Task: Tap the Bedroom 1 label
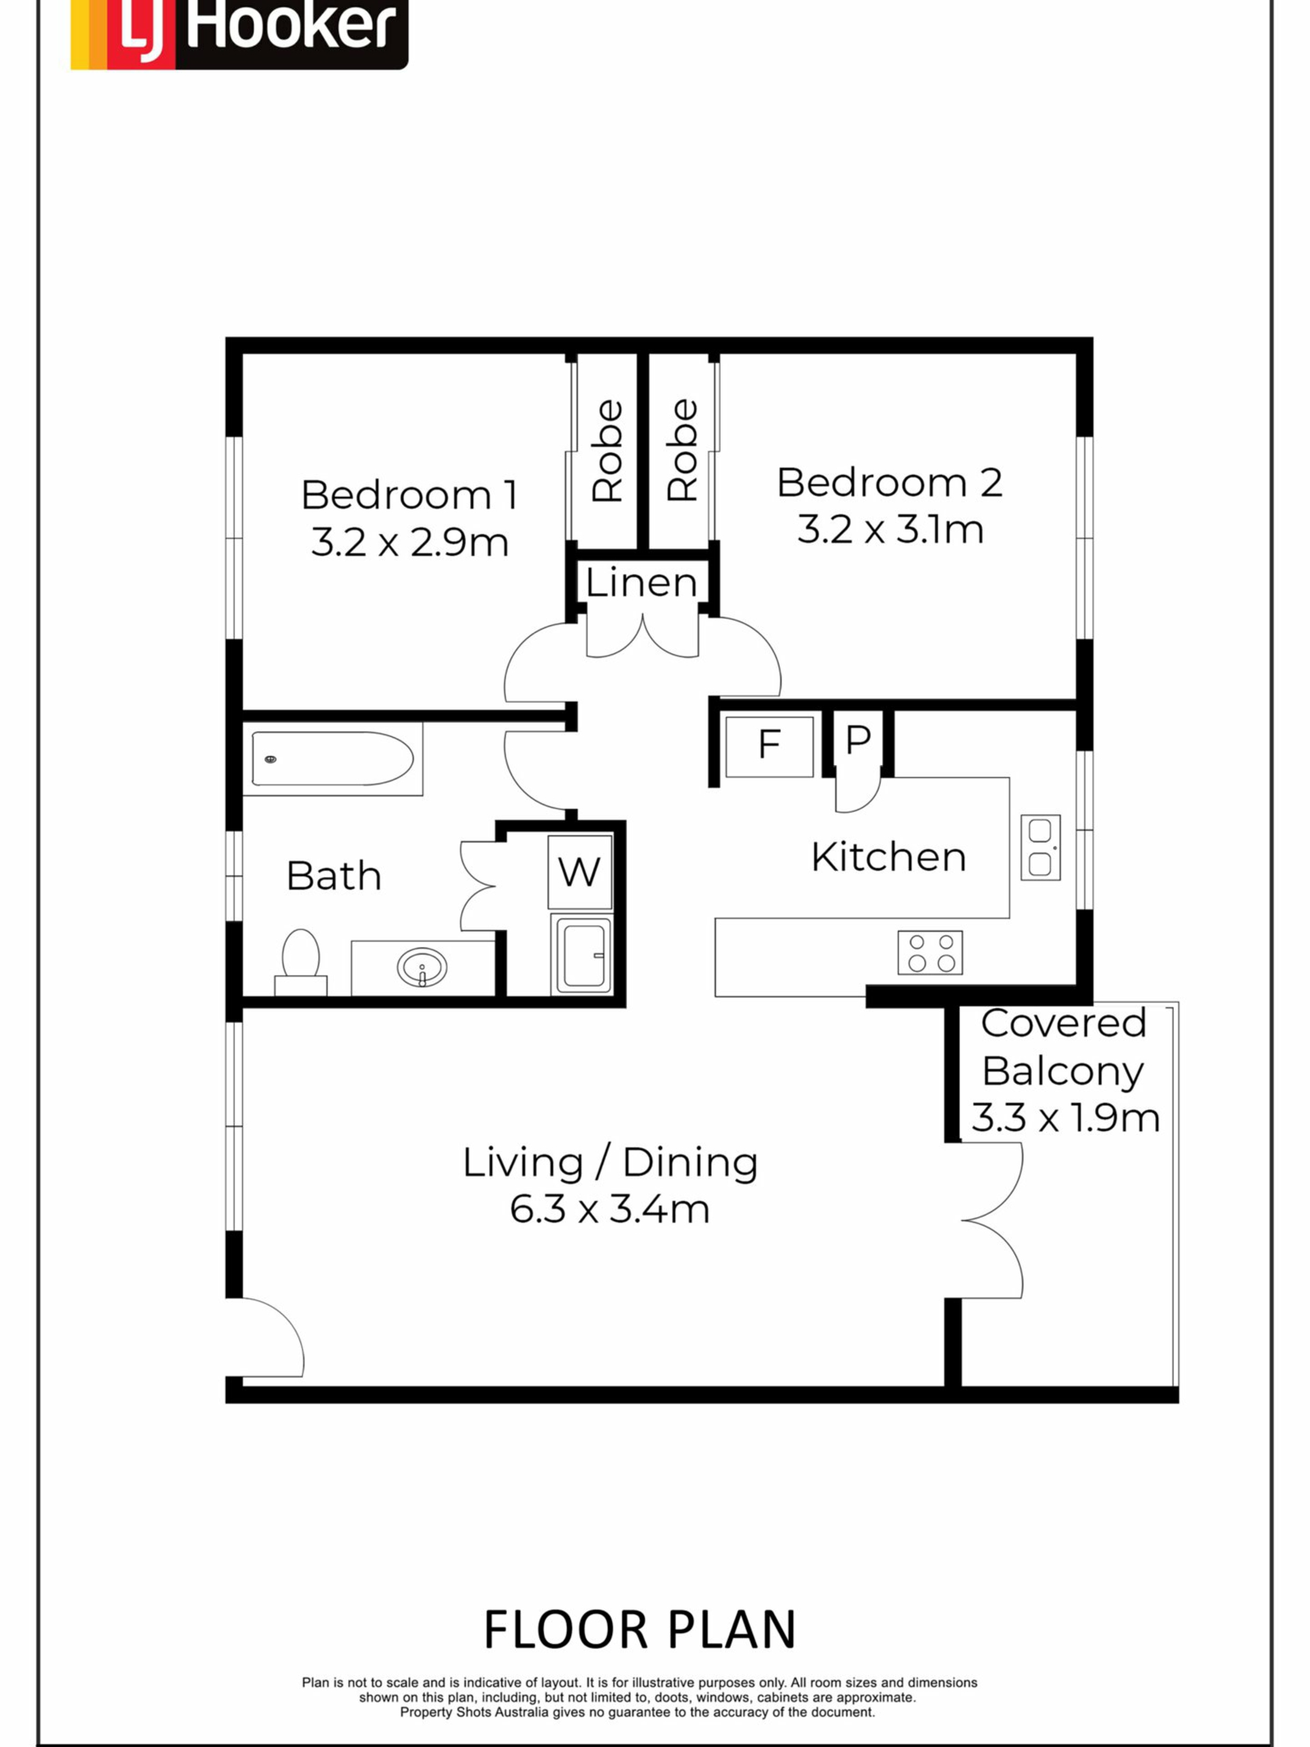[x=409, y=495]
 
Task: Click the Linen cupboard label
[x=641, y=583]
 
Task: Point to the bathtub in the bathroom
[x=332, y=758]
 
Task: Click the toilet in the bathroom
[x=300, y=961]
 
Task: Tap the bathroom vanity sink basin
[x=422, y=968]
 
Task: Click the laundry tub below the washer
[x=581, y=954]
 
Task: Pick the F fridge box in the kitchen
[x=769, y=747]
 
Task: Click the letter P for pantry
[x=858, y=739]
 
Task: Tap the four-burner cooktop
[x=930, y=952]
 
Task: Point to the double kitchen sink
[x=1040, y=848]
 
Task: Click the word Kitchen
[x=888, y=857]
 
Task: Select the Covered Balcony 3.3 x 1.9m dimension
[x=1065, y=1118]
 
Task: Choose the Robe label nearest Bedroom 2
[x=682, y=450]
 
